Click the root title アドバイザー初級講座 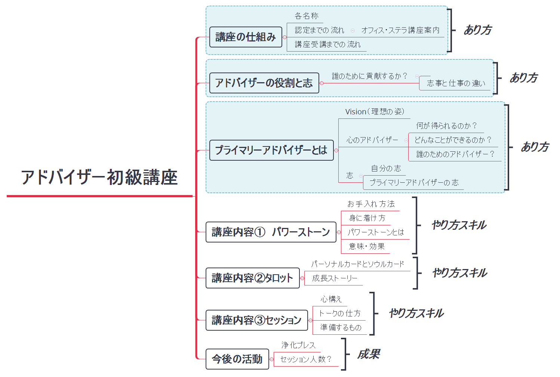point(99,177)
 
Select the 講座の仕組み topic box point(246,37)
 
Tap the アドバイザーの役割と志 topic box point(264,83)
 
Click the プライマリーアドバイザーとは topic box point(271,150)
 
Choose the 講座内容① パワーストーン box point(271,232)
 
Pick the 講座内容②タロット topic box point(252,278)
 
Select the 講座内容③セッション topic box point(256,320)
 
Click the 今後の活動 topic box point(237,359)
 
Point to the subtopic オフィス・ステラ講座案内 point(400,30)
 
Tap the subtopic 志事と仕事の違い point(456,83)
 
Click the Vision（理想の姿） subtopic point(375,112)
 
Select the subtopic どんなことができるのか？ point(453,140)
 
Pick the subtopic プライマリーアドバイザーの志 point(414,183)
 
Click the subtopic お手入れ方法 point(371,204)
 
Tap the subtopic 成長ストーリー point(335,278)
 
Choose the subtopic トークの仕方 point(340,313)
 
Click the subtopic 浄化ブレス point(298,345)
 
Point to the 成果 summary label point(369,354)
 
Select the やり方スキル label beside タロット point(460,273)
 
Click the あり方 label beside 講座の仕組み point(478,30)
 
